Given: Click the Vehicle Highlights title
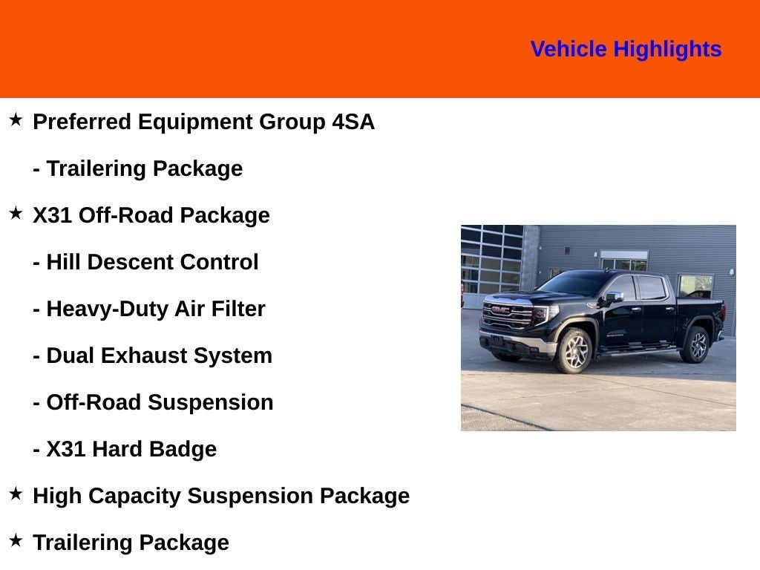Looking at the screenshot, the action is pyautogui.click(x=626, y=50).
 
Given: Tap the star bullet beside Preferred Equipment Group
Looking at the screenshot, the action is pyautogui.click(x=16, y=119).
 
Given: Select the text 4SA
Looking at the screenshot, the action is pyautogui.click(x=353, y=122).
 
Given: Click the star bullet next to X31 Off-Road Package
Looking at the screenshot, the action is pyautogui.click(x=16, y=213).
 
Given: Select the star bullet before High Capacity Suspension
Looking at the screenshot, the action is pyautogui.click(x=16, y=494).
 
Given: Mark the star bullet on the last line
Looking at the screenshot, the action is pyautogui.click(x=16, y=540).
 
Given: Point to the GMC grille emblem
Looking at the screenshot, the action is pyautogui.click(x=500, y=309).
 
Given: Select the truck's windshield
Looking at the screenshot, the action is pyautogui.click(x=574, y=283).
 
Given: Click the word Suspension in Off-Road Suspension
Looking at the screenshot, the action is pyautogui.click(x=210, y=403).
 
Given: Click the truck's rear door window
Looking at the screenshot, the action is pyautogui.click(x=652, y=288).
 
